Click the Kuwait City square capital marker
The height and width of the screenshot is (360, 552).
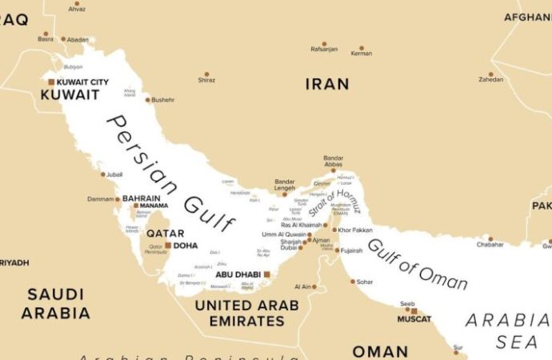[x=51, y=82]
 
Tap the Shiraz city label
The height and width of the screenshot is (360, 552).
[x=206, y=80]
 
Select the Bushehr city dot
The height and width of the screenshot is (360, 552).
[x=148, y=100]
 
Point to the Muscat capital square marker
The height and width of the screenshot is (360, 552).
[x=414, y=311]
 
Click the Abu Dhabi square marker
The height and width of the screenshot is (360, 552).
[x=266, y=274]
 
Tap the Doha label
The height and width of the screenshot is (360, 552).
[x=185, y=246]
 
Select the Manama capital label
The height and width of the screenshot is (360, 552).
[x=154, y=206]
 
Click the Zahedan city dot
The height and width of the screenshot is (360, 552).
[x=491, y=74]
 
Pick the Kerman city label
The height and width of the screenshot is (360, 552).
[x=361, y=53]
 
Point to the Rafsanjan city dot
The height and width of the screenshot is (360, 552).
[x=324, y=43]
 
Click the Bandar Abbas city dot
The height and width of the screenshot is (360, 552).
[x=334, y=170]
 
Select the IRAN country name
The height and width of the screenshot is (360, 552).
[x=327, y=84]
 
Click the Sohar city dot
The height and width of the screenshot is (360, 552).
[x=353, y=281]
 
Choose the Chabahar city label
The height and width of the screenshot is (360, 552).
[x=490, y=245]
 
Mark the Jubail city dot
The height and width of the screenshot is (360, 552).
[x=103, y=174]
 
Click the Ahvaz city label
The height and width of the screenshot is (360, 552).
[x=77, y=9]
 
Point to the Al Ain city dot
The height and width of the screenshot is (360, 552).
[x=314, y=286]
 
